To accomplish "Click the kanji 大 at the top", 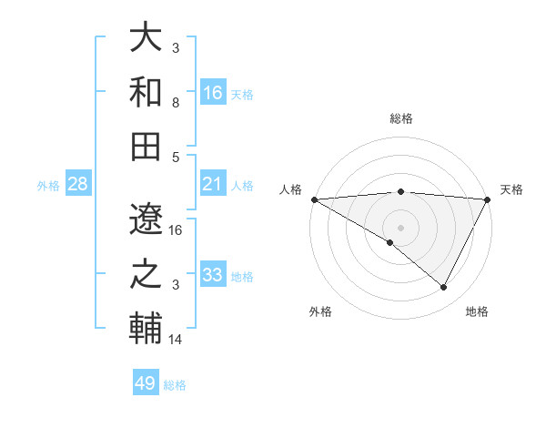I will tap(146, 38).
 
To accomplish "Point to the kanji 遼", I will tap(146, 219).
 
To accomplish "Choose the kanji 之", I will tap(146, 274).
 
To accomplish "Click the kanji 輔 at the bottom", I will tap(146, 329).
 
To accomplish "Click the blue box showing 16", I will tap(213, 92).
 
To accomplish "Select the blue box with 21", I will tap(213, 184).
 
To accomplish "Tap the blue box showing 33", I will tap(213, 275).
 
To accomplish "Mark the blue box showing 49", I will tap(146, 383).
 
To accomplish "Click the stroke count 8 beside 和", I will tap(176, 102).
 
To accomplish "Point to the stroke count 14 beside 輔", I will tap(176, 340).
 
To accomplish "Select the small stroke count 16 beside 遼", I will tap(176, 229).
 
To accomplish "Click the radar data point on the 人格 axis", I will tap(314, 199).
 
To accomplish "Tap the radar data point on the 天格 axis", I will tap(488, 199).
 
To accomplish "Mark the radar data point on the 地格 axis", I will tap(444, 288).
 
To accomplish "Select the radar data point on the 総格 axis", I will tap(400, 191).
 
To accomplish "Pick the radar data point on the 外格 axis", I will tap(390, 242).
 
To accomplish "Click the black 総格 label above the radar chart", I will tap(400, 118).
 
